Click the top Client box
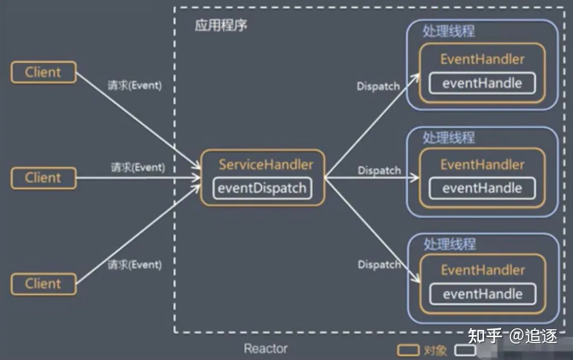[x=43, y=72]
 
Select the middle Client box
[x=43, y=178]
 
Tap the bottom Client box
[x=43, y=283]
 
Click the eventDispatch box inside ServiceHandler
[x=262, y=189]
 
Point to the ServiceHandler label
[x=266, y=164]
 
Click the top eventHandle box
[x=482, y=83]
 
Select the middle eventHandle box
[x=482, y=188]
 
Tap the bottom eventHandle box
[x=483, y=294]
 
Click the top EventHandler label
[x=483, y=59]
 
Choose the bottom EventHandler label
[x=483, y=270]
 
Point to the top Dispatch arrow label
[x=378, y=87]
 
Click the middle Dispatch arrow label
[x=379, y=171]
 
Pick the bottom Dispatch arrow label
[x=379, y=264]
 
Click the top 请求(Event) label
[x=134, y=85]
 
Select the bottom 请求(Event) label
[x=134, y=264]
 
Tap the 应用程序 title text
[x=221, y=25]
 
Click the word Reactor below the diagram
[x=266, y=349]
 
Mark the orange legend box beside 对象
[x=408, y=350]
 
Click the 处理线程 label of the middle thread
[x=449, y=138]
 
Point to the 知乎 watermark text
[x=485, y=336]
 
